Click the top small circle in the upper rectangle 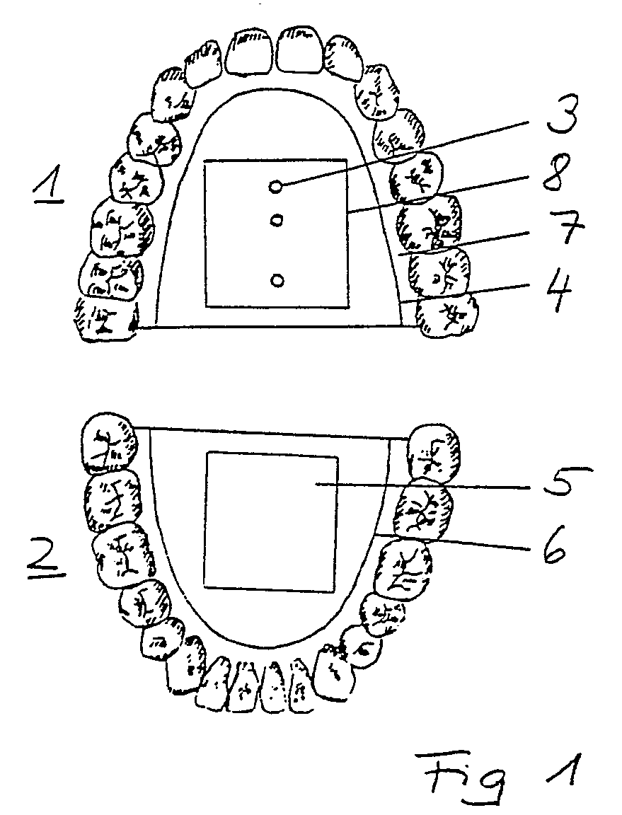276,186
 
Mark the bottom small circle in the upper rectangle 277,280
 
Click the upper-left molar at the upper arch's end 105,319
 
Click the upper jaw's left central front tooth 249,51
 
